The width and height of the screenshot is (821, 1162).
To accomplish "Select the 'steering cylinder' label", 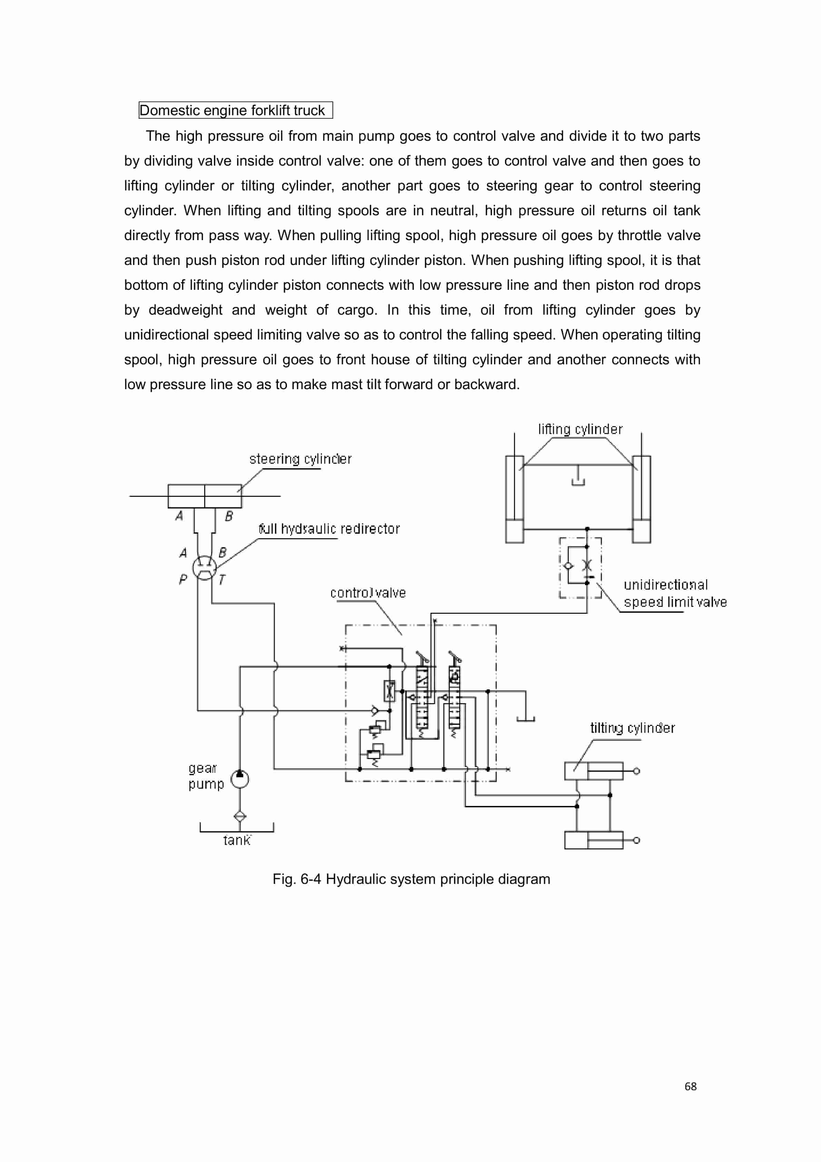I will (x=300, y=459).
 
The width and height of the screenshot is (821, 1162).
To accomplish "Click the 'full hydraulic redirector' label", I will (x=329, y=529).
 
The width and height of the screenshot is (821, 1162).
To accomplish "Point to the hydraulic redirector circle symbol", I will (x=205, y=567).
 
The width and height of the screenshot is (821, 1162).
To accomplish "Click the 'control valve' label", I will (x=368, y=593).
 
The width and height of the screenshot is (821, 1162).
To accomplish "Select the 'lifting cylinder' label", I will (x=580, y=429).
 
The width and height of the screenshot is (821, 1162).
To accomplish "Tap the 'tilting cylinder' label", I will (x=632, y=728).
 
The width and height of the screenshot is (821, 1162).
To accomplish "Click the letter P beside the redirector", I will (x=183, y=579).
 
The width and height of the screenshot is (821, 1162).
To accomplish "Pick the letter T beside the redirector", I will (x=222, y=580).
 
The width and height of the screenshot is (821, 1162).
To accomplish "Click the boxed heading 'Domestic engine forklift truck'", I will (x=235, y=110).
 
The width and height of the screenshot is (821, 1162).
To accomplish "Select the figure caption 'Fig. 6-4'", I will (x=411, y=879).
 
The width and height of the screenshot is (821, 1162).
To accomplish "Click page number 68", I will (x=690, y=1086).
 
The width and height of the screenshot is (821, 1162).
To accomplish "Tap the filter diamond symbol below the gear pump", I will (x=240, y=816).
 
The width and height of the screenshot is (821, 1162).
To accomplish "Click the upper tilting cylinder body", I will (x=594, y=771).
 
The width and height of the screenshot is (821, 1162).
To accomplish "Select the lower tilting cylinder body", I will (x=594, y=840).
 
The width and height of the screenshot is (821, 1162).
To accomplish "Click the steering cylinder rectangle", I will (x=205, y=496).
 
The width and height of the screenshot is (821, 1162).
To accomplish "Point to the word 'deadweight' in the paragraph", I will (x=185, y=310).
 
